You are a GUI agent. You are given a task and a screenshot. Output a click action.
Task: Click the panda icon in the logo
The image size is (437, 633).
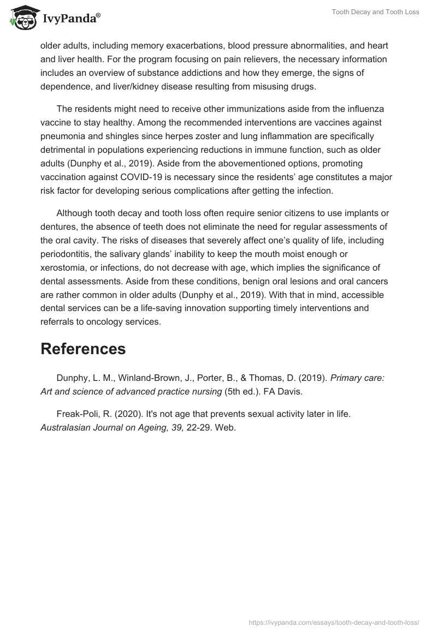(x=21, y=17)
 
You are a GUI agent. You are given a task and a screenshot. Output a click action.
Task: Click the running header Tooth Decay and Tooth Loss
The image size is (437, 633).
(x=375, y=12)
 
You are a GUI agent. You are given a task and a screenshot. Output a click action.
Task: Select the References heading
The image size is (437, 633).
(x=83, y=349)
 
